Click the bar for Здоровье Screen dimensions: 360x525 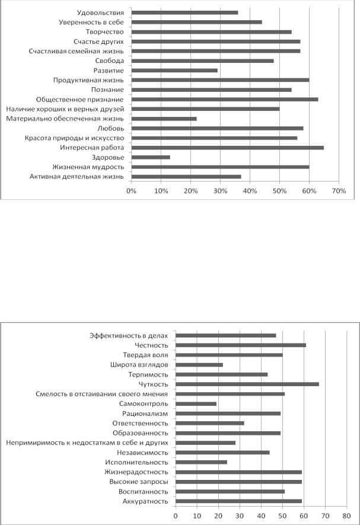[x=151, y=157]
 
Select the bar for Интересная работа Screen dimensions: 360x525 [x=228, y=148]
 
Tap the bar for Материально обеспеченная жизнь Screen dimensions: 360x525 [x=164, y=119]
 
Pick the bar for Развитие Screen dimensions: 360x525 [x=174, y=71]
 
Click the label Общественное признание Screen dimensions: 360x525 [x=79, y=100]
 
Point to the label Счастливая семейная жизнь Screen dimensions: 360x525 [x=76, y=51]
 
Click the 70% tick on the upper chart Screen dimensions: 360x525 [x=339, y=191]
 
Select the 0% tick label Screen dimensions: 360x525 [x=131, y=191]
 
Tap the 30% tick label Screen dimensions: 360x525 [x=221, y=191]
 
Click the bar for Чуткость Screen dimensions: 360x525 [x=247, y=384]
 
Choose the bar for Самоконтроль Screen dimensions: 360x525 [x=196, y=404]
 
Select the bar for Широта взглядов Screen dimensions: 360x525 [x=199, y=365]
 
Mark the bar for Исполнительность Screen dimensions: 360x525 [x=201, y=462]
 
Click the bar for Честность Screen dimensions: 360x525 [x=241, y=345]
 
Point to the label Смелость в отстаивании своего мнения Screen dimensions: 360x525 [x=102, y=394]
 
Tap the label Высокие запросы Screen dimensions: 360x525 [x=139, y=482]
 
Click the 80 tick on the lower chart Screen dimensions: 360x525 [x=346, y=516]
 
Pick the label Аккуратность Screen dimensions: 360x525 [x=145, y=501]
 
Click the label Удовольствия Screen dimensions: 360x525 [x=100, y=12]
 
